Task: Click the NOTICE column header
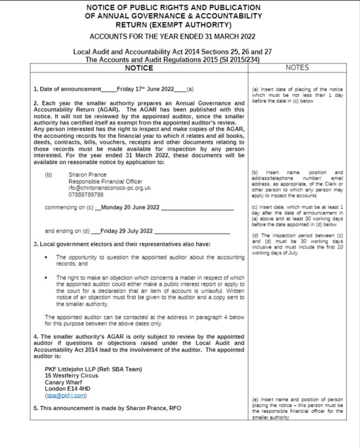[139, 68]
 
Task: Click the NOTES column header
[297, 68]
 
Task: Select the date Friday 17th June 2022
[145, 89]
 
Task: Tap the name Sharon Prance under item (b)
[87, 175]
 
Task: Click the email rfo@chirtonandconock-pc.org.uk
[110, 188]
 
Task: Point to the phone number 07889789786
[86, 194]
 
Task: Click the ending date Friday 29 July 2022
[126, 231]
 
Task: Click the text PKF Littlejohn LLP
[73, 369]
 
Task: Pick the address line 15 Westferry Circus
[72, 376]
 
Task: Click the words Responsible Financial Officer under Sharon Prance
[106, 181]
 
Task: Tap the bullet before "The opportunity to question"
[47, 257]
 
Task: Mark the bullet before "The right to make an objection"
[47, 277]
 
